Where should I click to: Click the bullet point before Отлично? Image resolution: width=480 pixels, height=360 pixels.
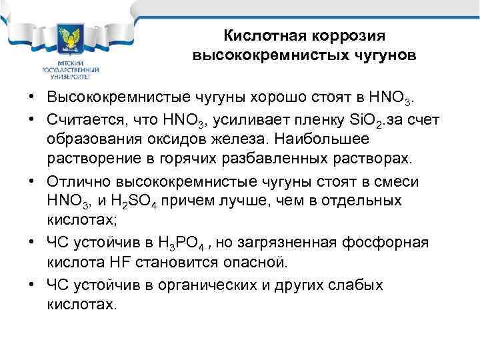click(32, 182)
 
